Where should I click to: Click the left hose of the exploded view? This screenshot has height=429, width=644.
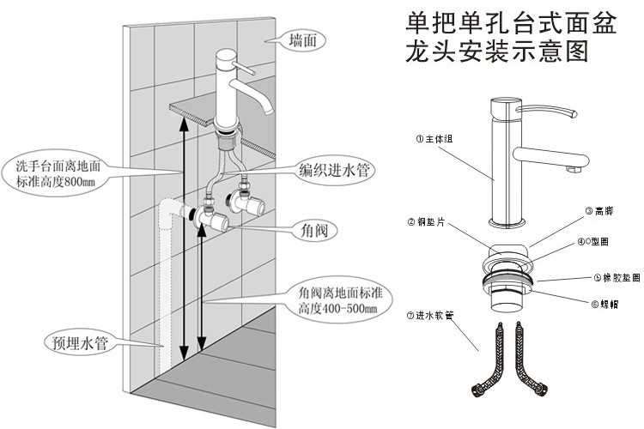click(484, 360)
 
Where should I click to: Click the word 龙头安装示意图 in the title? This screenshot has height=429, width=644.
click(497, 51)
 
